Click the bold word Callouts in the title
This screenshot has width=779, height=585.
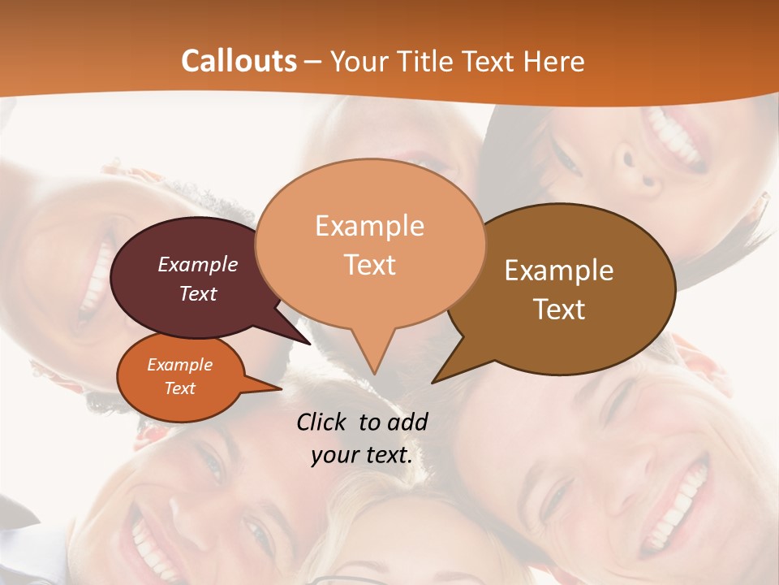[x=239, y=61]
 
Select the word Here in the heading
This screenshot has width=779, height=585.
[x=553, y=62]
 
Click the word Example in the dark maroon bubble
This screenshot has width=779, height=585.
[x=198, y=264]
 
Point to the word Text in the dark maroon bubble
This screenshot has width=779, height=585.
[x=198, y=293]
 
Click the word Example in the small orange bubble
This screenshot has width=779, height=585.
[x=180, y=365]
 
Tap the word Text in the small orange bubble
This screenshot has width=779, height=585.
[x=180, y=388]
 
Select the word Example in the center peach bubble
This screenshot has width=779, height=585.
[x=370, y=226]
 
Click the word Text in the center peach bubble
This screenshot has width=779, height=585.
[x=370, y=265]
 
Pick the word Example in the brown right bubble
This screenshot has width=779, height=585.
[x=559, y=271]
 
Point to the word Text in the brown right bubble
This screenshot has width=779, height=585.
[x=559, y=309]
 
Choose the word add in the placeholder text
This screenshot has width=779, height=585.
[x=407, y=422]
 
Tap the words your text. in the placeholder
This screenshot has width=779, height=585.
[x=362, y=455]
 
